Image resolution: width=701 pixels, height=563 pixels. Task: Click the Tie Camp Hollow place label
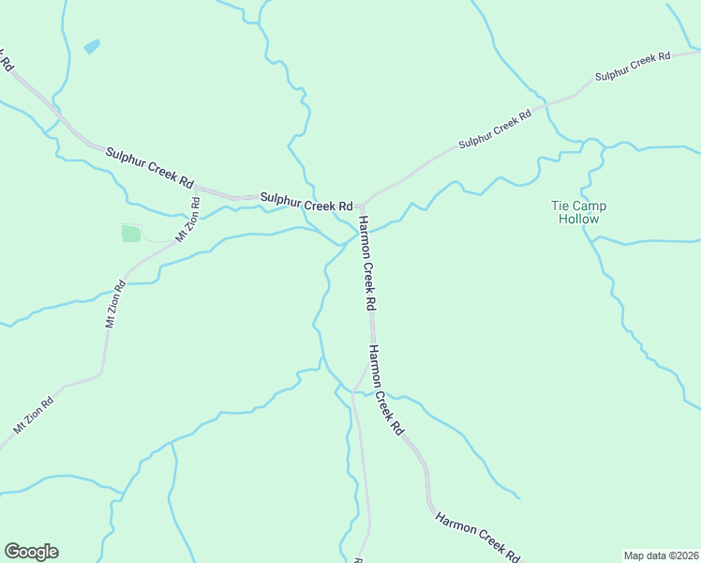pyautogui.click(x=578, y=212)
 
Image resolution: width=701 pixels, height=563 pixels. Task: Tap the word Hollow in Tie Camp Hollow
pyautogui.click(x=578, y=219)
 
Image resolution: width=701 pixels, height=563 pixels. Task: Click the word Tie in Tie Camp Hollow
pyautogui.click(x=559, y=205)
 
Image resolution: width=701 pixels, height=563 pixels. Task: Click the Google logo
pyautogui.click(x=31, y=552)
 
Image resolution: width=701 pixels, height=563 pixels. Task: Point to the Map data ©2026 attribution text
pyautogui.click(x=662, y=555)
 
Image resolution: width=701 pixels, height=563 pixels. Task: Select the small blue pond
pyautogui.click(x=91, y=46)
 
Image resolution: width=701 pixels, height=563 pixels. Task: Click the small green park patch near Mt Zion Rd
pyautogui.click(x=130, y=233)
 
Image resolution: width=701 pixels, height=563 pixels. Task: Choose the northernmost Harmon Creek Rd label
pyautogui.click(x=366, y=264)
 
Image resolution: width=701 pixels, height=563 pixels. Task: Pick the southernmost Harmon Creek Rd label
pyautogui.click(x=477, y=536)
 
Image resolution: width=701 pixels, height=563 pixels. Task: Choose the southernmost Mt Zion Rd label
pyautogui.click(x=33, y=414)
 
